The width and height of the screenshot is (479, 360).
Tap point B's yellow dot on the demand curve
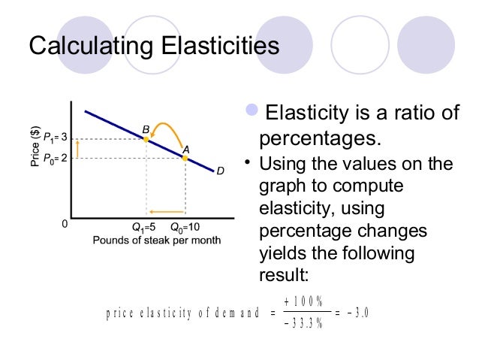click(x=146, y=140)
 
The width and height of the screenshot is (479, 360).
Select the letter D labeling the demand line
click(x=220, y=171)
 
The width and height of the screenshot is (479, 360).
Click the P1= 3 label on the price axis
click(x=56, y=138)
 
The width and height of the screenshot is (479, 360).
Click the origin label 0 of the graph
click(x=65, y=224)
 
